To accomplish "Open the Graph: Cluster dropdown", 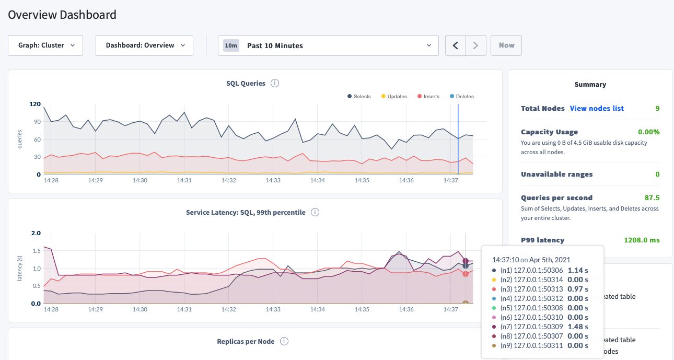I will [45, 45].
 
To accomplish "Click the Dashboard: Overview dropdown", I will [144, 45].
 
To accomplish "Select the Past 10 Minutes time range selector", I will [328, 45].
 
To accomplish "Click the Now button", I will [506, 45].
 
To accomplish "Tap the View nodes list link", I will [597, 108].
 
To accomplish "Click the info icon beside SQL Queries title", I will [275, 83].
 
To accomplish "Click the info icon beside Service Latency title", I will [315, 212].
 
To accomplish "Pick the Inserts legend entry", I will [428, 97].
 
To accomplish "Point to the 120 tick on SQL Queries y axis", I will [34, 104].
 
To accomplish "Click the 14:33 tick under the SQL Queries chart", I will [273, 180].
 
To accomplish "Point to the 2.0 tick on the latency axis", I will [36, 233].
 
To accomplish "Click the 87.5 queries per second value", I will [652, 198].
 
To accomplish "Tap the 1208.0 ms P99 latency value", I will [642, 240].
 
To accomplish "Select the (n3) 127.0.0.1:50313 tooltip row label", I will [533, 289].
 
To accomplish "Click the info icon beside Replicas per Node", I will [284, 341].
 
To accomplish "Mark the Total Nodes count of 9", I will [657, 108].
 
